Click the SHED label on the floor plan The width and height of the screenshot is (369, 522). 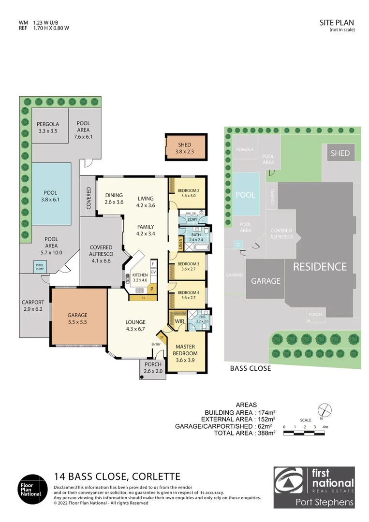[x=184, y=148]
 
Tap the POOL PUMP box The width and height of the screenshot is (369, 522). [x=40, y=266]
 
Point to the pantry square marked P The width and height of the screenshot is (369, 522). [x=151, y=289]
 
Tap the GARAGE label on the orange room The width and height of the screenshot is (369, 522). [x=77, y=318]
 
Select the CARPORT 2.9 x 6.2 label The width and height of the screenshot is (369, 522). [x=33, y=305]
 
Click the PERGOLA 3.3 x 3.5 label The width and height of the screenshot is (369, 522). [x=47, y=127]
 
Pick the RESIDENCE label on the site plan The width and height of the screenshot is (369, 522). [x=320, y=266]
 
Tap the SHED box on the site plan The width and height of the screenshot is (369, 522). [x=340, y=153]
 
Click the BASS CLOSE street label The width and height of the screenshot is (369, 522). [x=250, y=368]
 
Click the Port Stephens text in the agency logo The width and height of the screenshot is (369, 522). [x=325, y=502]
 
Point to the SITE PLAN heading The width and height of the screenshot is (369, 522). [x=337, y=22]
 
